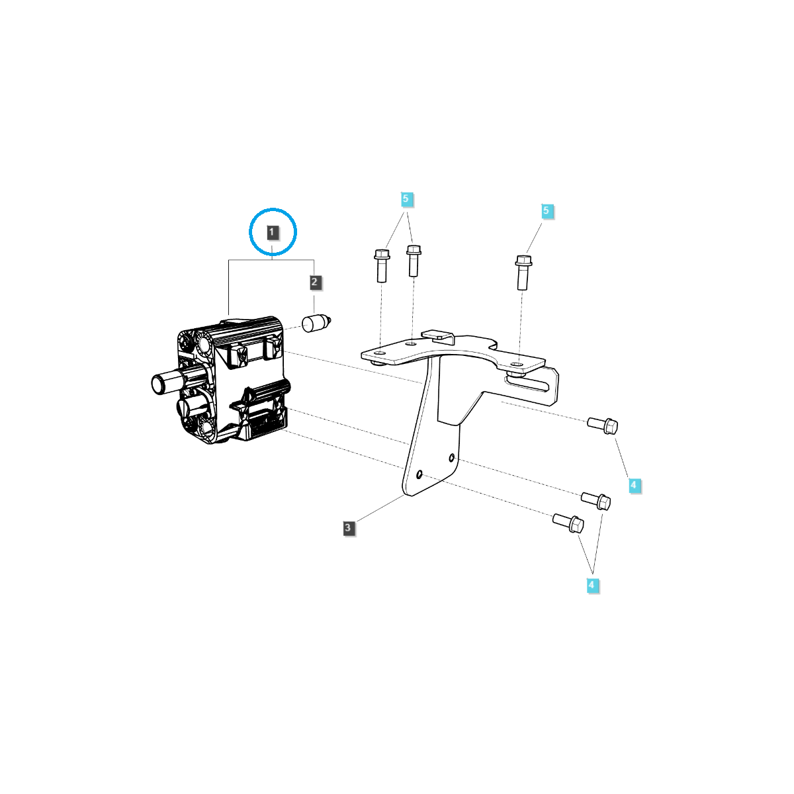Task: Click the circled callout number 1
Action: click(x=273, y=232)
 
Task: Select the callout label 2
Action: click(x=314, y=283)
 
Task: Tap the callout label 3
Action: click(x=348, y=528)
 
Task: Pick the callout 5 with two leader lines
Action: click(x=407, y=198)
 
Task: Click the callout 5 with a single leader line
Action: click(x=546, y=211)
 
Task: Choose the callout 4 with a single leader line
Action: click(x=633, y=485)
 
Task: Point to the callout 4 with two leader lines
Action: click(x=592, y=585)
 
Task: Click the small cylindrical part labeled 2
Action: click(x=316, y=324)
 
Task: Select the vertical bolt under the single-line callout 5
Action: click(x=523, y=271)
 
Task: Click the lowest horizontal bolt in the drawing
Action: click(x=568, y=523)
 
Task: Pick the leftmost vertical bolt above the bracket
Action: click(x=382, y=265)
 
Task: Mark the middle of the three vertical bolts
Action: click(x=414, y=260)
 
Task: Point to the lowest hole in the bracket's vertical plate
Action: click(x=420, y=474)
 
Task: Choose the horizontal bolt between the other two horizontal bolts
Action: click(x=596, y=501)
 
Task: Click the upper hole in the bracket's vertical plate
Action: click(x=451, y=457)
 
